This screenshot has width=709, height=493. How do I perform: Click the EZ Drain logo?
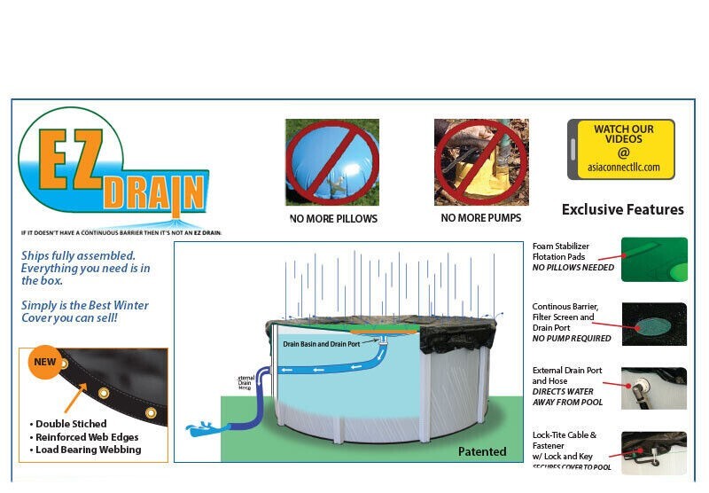(113, 168)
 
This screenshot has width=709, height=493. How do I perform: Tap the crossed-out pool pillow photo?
(332, 162)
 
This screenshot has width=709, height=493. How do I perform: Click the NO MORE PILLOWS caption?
(333, 218)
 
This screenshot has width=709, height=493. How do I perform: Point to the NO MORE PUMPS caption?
(481, 218)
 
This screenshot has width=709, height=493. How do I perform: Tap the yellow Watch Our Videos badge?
(621, 149)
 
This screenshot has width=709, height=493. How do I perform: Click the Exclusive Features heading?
(622, 210)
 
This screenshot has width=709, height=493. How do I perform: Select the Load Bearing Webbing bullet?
(89, 450)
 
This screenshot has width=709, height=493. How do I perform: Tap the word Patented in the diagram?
(482, 451)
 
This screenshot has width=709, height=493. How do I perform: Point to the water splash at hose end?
(201, 433)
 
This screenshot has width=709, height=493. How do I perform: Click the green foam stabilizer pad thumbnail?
(654, 259)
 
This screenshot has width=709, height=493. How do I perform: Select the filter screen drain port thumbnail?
(654, 324)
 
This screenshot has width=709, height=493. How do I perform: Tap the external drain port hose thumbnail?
(654, 388)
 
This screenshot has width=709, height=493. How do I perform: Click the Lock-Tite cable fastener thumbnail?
(654, 452)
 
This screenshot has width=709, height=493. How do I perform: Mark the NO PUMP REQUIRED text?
(572, 338)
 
